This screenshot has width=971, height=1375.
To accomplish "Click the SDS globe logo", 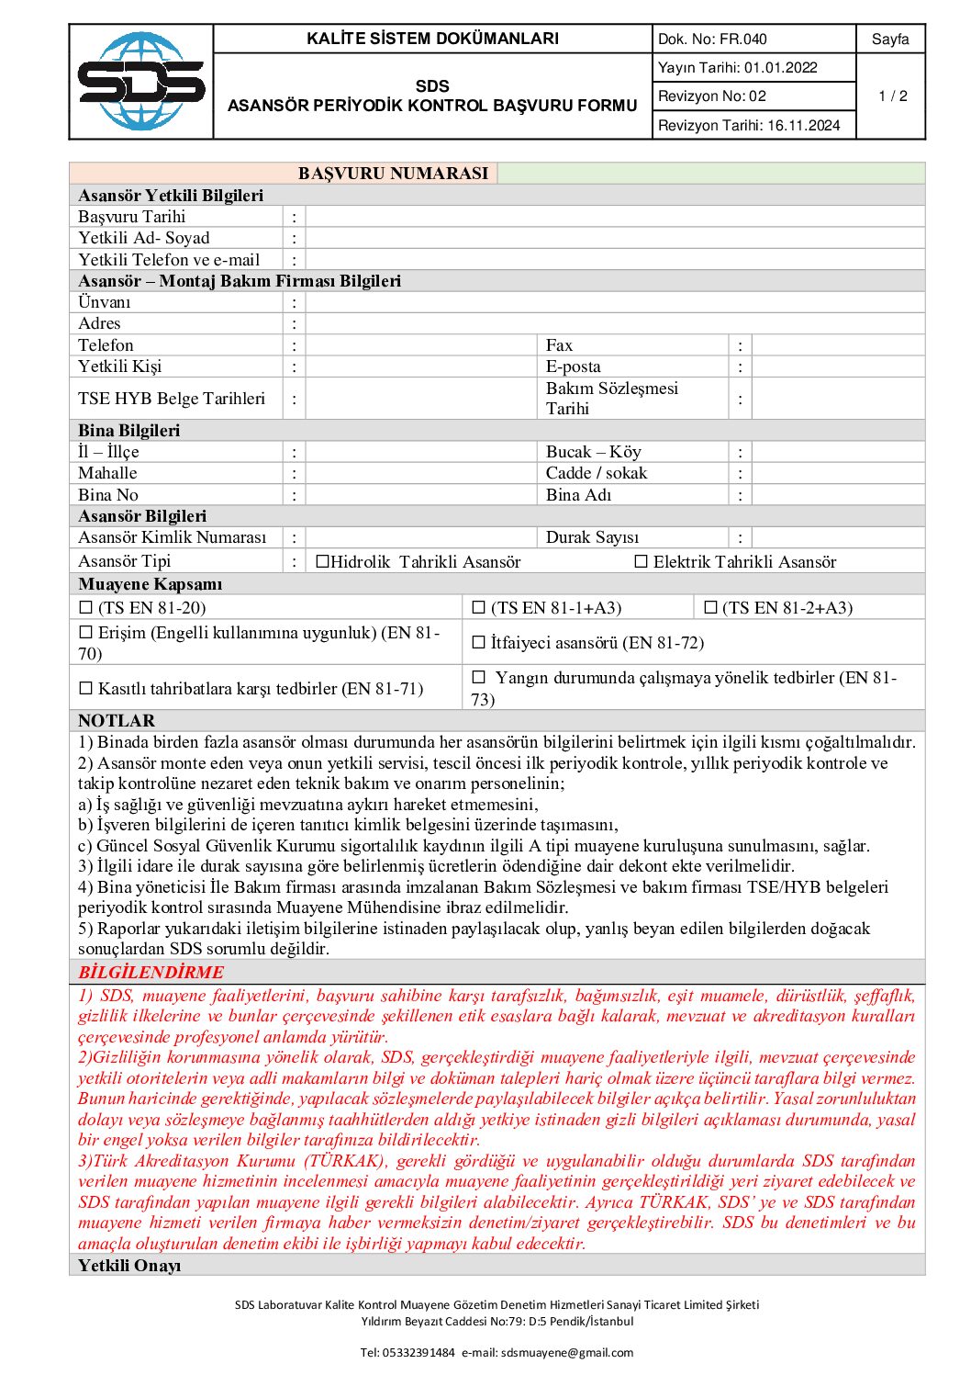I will tap(141, 82).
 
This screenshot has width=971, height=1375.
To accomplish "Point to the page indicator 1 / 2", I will tap(892, 96).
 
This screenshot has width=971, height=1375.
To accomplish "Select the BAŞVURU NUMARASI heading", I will tap(393, 174).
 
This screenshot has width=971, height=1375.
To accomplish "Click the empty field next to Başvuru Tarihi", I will tap(613, 217).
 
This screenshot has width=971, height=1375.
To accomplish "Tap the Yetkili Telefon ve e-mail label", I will tap(169, 260).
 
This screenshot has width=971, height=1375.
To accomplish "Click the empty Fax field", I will tap(837, 345).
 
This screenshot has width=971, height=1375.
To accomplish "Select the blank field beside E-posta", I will tap(837, 366).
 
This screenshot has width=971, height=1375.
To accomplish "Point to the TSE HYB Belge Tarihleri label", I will tap(172, 399).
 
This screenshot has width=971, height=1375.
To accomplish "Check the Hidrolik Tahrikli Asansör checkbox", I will tap(322, 561).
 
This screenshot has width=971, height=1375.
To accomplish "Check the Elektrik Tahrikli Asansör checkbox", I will tap(642, 561).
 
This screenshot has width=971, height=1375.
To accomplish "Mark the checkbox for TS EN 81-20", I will tap(86, 607).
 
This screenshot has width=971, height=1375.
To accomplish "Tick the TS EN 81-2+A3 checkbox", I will tap(710, 607).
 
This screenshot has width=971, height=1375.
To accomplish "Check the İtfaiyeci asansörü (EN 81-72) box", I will tap(478, 642).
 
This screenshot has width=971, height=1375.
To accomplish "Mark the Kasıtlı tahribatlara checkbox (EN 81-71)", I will tap(86, 688).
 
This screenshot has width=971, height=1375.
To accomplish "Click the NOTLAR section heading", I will tap(117, 721).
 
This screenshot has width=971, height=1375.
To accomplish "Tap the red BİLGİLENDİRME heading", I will tap(151, 972).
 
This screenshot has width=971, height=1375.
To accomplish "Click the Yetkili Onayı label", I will tap(129, 1266).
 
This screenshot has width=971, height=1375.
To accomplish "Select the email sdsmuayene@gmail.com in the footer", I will tap(567, 1352).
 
